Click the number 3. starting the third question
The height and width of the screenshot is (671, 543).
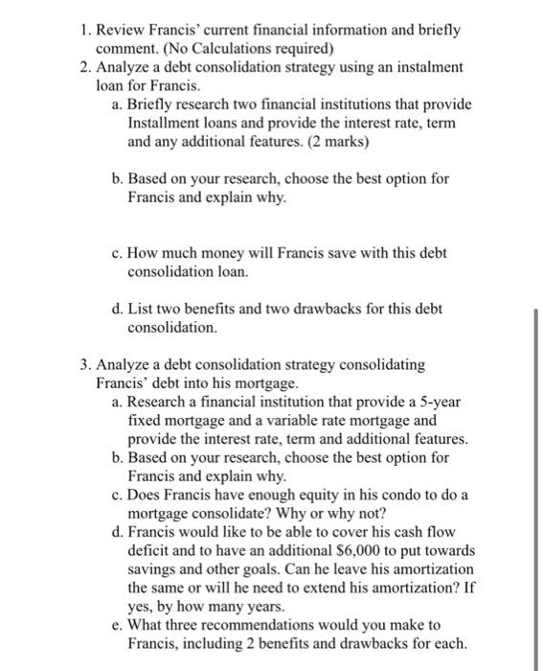pos(87,365)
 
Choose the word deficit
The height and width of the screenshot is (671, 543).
pos(149,549)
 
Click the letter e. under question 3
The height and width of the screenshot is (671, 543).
pos(117,624)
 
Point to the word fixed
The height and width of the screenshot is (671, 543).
pos(144,420)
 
